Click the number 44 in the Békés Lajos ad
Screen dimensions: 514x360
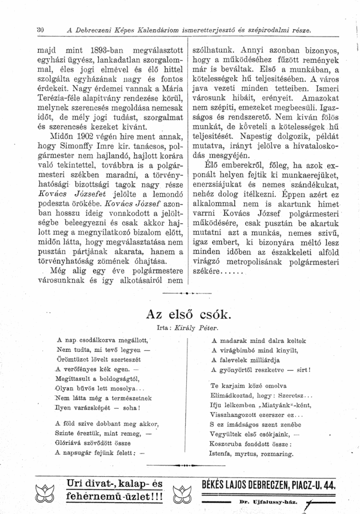(x=328, y=486)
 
